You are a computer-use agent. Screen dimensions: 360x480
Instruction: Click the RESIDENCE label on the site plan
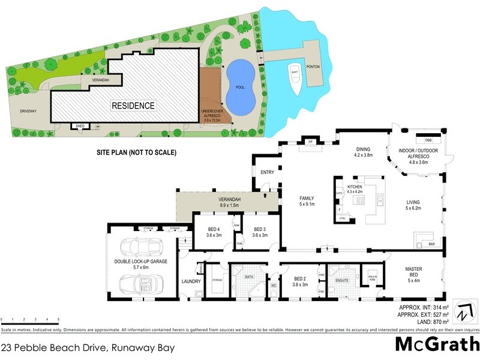pos(133,106)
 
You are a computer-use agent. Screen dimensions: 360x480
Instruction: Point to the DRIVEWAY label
pos(28,111)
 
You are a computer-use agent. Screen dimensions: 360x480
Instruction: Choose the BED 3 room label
pos(259,232)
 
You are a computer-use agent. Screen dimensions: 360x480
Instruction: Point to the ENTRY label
pos(268,173)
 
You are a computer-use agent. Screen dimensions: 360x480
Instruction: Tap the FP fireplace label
pos(311,142)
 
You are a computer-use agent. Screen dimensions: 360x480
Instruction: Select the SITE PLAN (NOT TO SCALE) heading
pos(136,153)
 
